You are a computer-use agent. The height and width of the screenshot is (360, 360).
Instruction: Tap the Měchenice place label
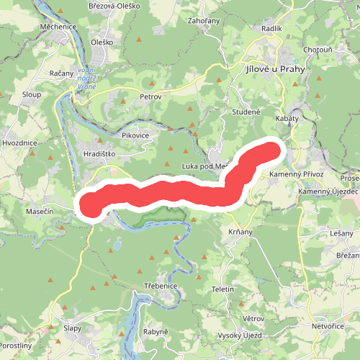point(59,27)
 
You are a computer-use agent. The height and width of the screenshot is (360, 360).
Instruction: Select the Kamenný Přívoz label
point(296,175)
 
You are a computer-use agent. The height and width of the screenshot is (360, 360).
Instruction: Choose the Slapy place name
point(72,328)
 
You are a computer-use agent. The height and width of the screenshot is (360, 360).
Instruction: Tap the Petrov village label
point(151,96)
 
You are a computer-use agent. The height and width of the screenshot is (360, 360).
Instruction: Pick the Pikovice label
point(135,135)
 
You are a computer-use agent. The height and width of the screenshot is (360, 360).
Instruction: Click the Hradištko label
point(100,153)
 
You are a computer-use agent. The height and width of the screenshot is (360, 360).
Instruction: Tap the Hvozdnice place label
point(19,143)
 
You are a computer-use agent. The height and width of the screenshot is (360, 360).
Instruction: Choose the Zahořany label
point(203,22)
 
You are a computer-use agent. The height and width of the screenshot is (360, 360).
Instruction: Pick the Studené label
point(246,112)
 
